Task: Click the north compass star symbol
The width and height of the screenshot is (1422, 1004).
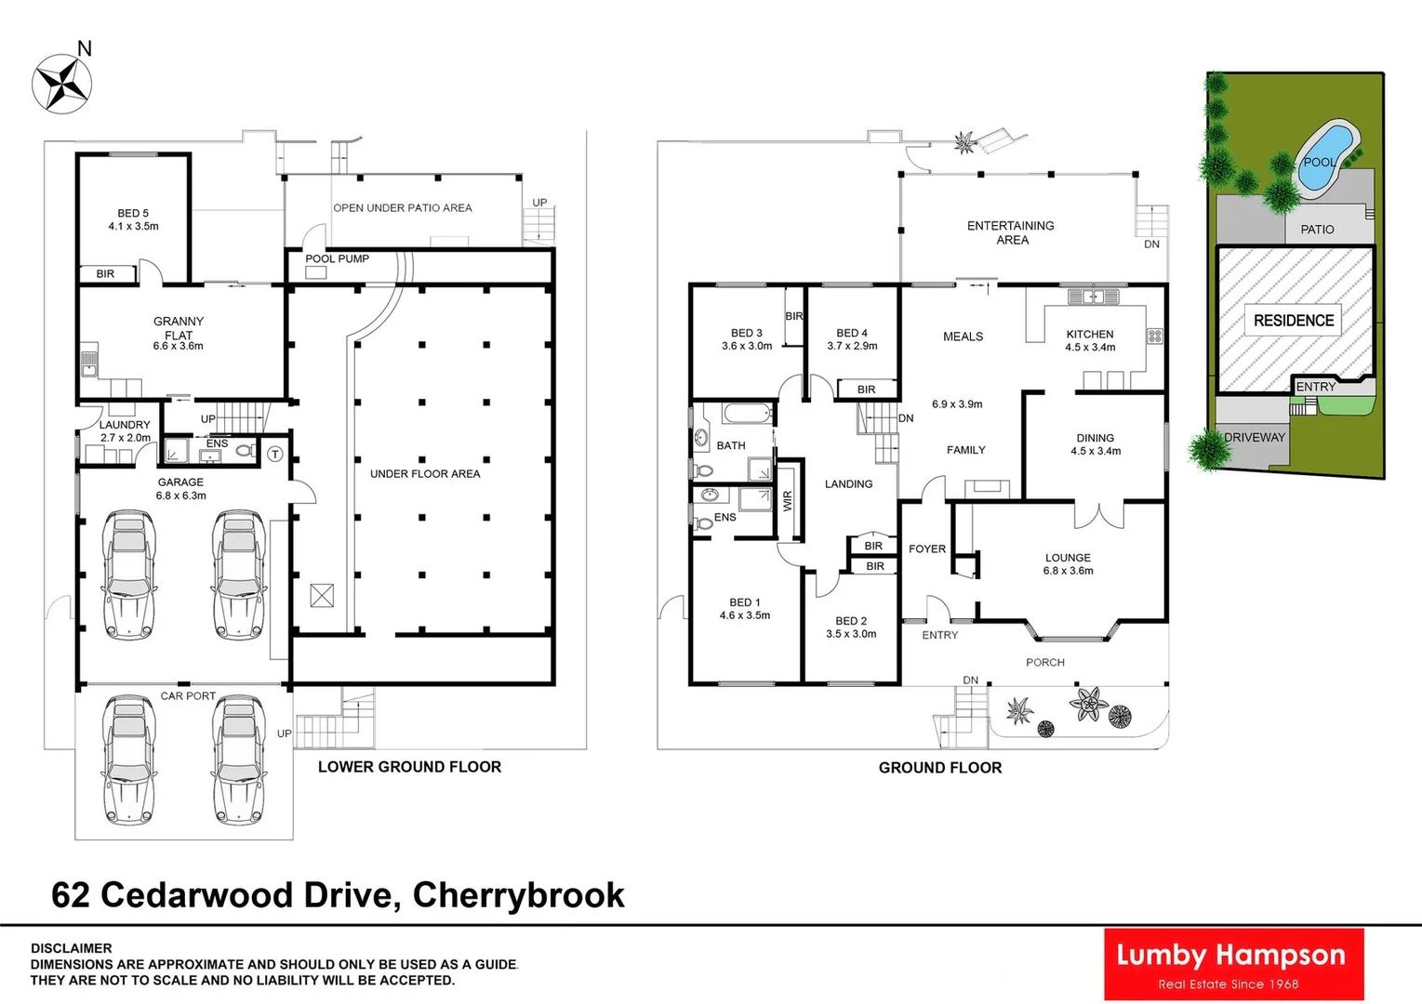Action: pos(61,85)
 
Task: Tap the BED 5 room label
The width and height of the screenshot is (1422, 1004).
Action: pos(133,219)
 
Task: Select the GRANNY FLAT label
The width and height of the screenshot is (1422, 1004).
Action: pos(179,328)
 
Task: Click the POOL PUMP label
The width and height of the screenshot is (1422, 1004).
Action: pos(337,258)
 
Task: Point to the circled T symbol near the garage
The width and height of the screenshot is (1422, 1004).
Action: pos(275,454)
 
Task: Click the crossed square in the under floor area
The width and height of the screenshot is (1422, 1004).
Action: pos(322,595)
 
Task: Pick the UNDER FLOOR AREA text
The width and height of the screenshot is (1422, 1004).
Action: pos(425,474)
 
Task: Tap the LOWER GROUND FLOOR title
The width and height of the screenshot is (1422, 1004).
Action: pos(409,767)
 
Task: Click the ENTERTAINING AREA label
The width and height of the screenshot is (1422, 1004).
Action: pos(1011,232)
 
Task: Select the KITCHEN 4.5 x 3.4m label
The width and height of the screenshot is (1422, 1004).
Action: pos(1090,340)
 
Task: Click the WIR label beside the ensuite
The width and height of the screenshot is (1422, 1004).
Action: pos(788,501)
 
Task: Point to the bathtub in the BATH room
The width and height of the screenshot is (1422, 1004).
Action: pos(747,414)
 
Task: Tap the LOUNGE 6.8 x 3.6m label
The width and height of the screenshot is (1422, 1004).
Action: pos(1068,564)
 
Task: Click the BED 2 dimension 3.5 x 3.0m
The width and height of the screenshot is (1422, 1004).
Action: pos(851,634)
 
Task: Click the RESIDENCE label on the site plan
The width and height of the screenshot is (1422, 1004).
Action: pos(1294,321)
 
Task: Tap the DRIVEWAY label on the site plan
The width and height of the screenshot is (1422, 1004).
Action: pos(1254,437)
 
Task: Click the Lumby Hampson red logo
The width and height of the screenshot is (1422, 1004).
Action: pos(1233,964)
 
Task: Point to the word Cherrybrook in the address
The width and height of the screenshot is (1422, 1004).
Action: pos(518,894)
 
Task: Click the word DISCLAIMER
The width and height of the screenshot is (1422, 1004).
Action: pos(71,948)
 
